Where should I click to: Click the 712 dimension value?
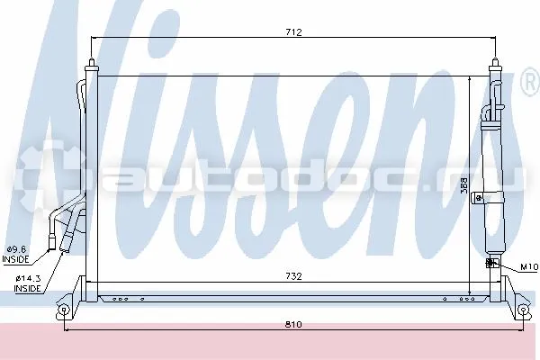(x=293, y=32)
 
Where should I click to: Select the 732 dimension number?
(x=293, y=276)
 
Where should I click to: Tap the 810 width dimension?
(x=293, y=324)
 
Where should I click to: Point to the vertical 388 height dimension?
(x=463, y=185)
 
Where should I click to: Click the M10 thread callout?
(x=529, y=266)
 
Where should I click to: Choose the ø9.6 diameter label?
(x=16, y=248)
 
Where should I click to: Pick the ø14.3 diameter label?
(x=28, y=278)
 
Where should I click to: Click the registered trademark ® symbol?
(x=531, y=82)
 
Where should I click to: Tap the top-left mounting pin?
(x=92, y=63)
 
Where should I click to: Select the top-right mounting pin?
(x=495, y=63)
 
